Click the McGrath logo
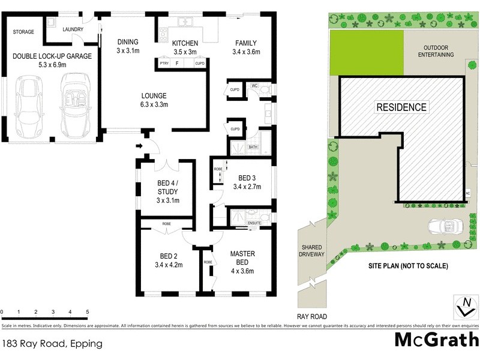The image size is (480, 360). [436, 340]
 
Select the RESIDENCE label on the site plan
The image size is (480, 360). [401, 107]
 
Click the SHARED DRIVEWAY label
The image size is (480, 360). [311, 251]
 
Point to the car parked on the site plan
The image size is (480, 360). [444, 227]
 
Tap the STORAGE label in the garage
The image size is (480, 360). [23, 32]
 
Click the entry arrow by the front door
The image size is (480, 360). [140, 145]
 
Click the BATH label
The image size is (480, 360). [253, 146]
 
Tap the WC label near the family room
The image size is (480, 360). [254, 86]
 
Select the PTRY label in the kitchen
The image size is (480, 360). [164, 63]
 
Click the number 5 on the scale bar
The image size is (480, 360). [88, 313]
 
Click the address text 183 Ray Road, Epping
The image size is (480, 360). [52, 344]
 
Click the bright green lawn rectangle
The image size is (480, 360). [366, 53]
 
